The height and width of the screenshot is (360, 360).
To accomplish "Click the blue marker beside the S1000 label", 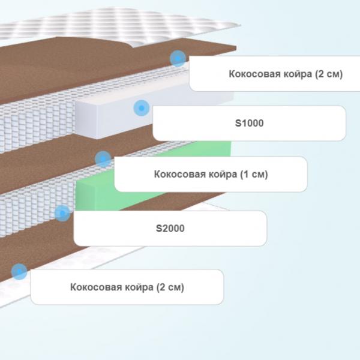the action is click(142, 108).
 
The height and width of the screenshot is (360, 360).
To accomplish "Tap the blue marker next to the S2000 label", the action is click(62, 213).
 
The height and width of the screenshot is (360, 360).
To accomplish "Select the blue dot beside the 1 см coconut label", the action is click(103, 159).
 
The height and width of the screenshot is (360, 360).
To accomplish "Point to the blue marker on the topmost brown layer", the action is click(178, 59).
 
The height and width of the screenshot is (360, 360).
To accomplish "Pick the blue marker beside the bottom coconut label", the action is click(19, 272).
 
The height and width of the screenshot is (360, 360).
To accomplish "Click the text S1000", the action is click(250, 123).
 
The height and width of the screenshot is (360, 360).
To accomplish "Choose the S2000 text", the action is click(170, 229).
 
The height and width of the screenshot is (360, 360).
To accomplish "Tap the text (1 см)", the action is click(254, 175).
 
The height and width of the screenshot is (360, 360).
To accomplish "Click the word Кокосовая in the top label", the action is click(255, 74).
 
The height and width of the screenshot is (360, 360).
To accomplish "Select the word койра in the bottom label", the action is click(139, 287).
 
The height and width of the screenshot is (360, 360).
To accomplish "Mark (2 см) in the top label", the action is click(329, 74).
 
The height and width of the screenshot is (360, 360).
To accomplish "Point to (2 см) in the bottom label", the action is click(170, 287).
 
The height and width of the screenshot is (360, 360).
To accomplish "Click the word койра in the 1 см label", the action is click(223, 175).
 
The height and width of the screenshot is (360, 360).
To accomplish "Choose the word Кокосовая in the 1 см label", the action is click(180, 174).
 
